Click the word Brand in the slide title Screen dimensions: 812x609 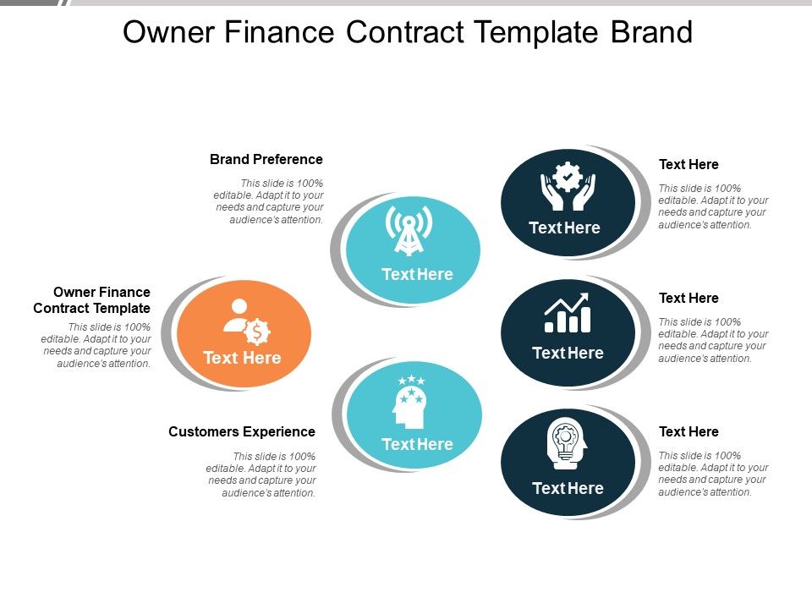click(x=650, y=32)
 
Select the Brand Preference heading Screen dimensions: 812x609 click(x=266, y=159)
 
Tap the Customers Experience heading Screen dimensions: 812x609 click(x=242, y=431)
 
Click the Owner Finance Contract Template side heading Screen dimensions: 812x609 click(x=92, y=300)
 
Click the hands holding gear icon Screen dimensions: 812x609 click(x=568, y=187)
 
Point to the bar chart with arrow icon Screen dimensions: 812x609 click(x=568, y=313)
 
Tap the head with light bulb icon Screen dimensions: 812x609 click(x=567, y=443)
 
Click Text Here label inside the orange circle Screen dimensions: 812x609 click(x=242, y=358)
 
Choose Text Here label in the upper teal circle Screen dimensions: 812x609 click(x=417, y=274)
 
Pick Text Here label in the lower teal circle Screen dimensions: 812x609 click(x=417, y=444)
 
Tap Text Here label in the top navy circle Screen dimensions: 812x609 click(x=564, y=228)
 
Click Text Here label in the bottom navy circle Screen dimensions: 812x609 click(x=568, y=488)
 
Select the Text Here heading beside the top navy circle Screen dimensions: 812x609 click(x=689, y=164)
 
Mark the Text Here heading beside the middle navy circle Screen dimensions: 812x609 click(x=689, y=298)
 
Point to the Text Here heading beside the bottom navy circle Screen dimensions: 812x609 click(x=689, y=431)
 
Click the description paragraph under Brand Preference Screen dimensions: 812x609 click(x=270, y=201)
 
